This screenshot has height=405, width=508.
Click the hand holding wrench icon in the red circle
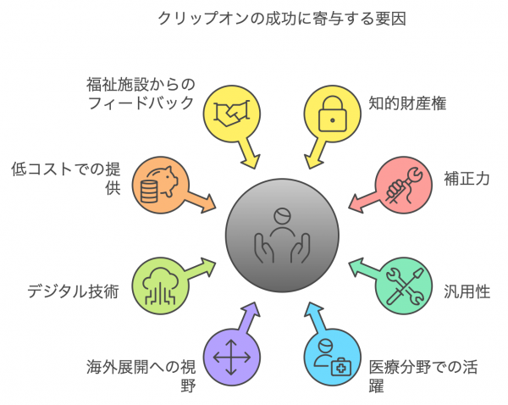pyautogui.click(x=401, y=183)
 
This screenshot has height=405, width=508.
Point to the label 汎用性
pyautogui.click(x=464, y=291)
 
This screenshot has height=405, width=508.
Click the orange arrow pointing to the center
pyautogui.click(x=203, y=202)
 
